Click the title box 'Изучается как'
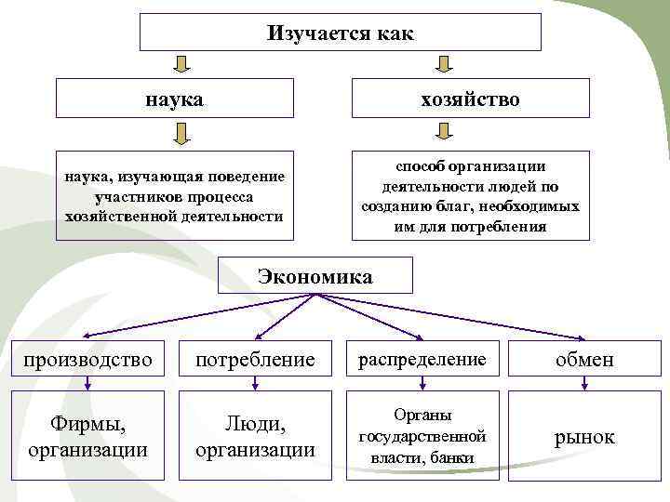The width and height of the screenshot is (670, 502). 340,32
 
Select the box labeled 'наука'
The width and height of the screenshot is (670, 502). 175,98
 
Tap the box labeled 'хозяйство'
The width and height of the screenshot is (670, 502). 470,98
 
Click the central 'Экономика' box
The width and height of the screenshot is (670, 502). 315,276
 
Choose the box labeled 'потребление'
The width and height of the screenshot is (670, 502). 255,359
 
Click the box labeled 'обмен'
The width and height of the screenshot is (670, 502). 584,359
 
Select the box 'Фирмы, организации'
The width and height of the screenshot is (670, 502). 87,436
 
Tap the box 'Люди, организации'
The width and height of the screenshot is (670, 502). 255,436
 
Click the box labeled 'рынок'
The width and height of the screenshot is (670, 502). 584,436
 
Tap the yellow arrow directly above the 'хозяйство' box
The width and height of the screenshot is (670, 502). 444,64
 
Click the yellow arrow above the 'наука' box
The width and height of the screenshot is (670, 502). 182,64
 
